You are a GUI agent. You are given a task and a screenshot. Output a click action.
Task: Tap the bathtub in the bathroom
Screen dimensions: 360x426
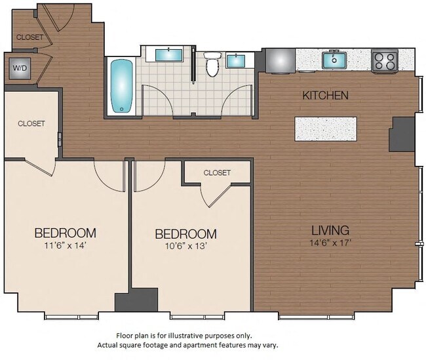121,87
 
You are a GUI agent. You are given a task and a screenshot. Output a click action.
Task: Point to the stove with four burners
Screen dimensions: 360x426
385,61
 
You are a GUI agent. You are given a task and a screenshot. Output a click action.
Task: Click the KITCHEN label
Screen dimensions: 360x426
325,96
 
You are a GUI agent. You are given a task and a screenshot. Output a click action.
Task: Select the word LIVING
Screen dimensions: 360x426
330,231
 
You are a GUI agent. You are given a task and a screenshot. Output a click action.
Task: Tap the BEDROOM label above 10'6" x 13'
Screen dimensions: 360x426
185,234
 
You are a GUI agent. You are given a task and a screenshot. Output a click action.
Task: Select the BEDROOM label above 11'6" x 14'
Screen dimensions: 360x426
66,233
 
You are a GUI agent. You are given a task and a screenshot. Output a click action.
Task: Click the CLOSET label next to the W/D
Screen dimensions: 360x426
29,37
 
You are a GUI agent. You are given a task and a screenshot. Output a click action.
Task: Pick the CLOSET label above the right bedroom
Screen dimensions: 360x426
217,173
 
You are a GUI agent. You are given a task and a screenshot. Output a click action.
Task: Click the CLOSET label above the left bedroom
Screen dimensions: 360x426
31,123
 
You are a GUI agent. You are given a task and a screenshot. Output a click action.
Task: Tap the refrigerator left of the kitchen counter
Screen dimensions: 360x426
279,60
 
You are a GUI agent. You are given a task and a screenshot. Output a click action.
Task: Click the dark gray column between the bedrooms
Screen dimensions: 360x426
124,302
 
